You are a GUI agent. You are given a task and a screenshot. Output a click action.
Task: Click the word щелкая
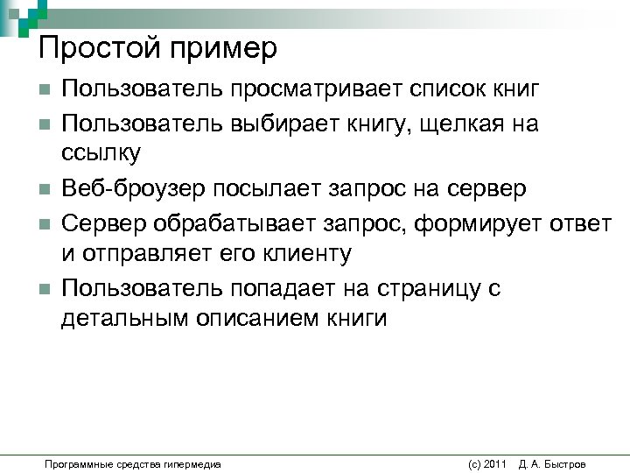click(465, 124)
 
